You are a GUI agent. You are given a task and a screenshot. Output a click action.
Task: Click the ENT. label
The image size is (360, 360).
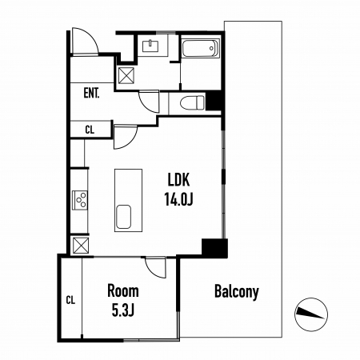91,93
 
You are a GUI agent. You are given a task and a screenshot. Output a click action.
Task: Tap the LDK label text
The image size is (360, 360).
178,179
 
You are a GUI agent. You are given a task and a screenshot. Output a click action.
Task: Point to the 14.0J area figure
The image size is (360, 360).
178,199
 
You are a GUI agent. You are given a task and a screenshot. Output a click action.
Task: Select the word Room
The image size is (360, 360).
123,291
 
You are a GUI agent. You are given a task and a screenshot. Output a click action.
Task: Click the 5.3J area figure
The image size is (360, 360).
122,310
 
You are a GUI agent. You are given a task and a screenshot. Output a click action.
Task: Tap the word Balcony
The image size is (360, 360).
237,292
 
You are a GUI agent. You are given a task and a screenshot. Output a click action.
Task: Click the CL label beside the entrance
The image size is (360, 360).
90,130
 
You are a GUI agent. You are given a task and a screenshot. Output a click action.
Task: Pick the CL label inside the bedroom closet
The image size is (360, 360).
70,300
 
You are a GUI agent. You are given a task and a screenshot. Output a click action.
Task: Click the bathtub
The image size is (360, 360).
200,48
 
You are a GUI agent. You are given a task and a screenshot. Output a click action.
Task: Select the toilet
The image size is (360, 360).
192,102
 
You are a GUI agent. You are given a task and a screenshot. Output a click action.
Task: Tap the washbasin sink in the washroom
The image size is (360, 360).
150,46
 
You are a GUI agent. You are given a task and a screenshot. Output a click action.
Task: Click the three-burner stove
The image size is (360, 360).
80,200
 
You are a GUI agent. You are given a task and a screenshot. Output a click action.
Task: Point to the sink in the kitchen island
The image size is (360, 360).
123,217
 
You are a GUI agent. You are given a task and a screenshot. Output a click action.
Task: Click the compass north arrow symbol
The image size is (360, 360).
311,314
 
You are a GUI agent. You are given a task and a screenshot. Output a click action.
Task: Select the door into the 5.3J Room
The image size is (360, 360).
155,267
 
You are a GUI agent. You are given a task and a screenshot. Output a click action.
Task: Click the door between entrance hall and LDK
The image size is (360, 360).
126,137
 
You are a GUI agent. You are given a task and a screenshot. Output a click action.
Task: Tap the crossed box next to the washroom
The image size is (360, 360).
126,75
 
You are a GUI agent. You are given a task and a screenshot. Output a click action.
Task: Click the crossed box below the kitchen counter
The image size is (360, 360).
81,246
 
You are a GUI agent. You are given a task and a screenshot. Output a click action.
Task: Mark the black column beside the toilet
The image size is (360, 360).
214,101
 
